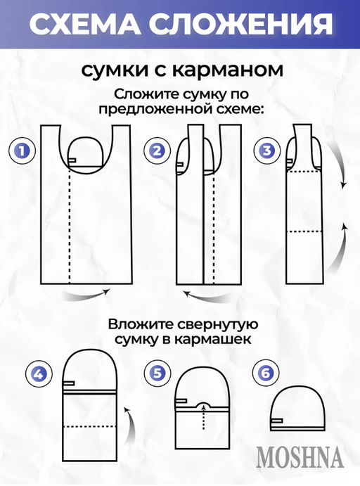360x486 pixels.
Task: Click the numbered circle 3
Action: point(267,151)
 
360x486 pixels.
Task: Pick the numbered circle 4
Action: point(39,374)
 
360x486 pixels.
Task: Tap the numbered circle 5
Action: point(154,374)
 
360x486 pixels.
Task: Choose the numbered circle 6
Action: point(264,374)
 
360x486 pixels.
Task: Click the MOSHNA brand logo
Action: point(300,458)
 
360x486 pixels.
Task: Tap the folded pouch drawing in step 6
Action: point(298,409)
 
